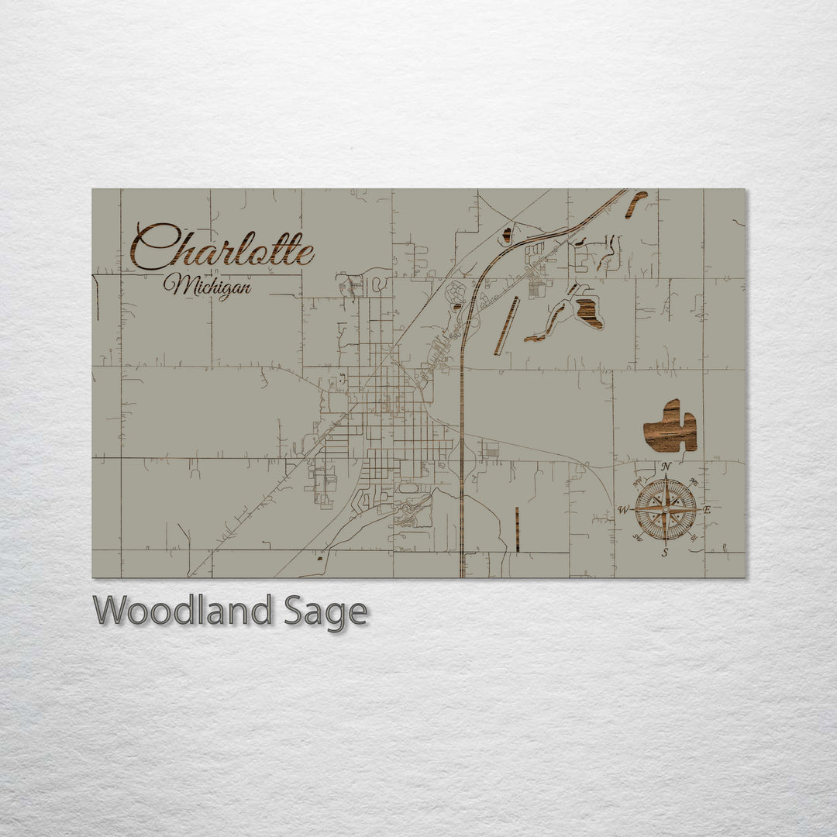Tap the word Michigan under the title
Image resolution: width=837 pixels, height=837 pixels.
(207, 287)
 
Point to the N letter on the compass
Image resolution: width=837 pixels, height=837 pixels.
(666, 467)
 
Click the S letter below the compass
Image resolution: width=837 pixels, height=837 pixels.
(665, 553)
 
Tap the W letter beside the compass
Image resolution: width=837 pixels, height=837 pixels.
(623, 510)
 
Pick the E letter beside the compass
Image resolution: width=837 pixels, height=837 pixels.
(707, 510)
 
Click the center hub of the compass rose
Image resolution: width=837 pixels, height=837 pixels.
(665, 509)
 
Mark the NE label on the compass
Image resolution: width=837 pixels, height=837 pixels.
(693, 483)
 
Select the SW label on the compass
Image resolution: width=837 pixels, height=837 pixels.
(638, 537)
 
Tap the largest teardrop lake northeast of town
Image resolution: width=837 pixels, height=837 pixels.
(589, 312)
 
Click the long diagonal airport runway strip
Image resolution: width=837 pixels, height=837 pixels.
(507, 325)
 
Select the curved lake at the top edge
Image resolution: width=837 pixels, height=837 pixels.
(636, 203)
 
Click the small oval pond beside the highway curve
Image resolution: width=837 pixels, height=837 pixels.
(507, 235)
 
